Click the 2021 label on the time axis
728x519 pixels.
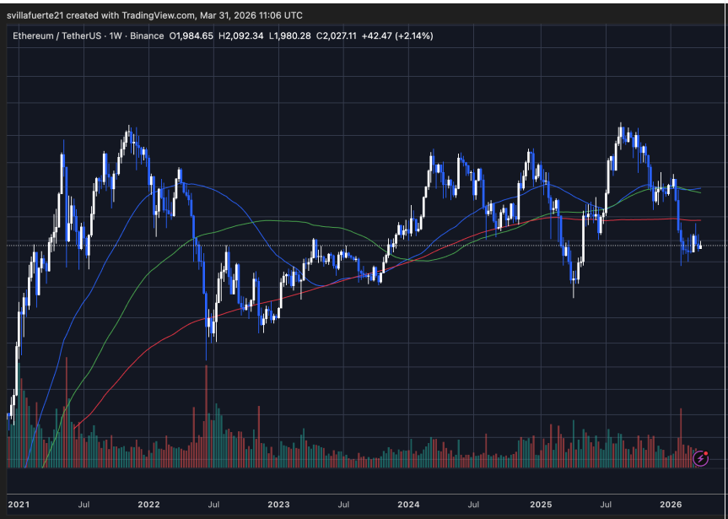pyautogui.click(x=18, y=505)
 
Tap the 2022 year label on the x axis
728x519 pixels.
pyautogui.click(x=148, y=505)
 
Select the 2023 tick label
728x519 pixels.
pyautogui.click(x=278, y=505)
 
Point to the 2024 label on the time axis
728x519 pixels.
pyautogui.click(x=408, y=505)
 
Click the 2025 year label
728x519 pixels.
pyautogui.click(x=541, y=505)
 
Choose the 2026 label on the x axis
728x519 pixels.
pyautogui.click(x=671, y=505)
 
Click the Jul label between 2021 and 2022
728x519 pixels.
pyautogui.click(x=84, y=505)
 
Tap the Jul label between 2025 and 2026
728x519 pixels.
pyautogui.click(x=606, y=505)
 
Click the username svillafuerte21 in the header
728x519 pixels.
pyautogui.click(x=41, y=15)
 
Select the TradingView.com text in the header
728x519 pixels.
pyautogui.click(x=167, y=15)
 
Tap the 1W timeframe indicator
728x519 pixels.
pyautogui.click(x=111, y=36)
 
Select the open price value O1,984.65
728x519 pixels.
pyautogui.click(x=192, y=36)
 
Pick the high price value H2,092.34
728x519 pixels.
pyautogui.click(x=242, y=36)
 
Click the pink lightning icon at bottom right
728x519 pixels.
pyautogui.click(x=700, y=457)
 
